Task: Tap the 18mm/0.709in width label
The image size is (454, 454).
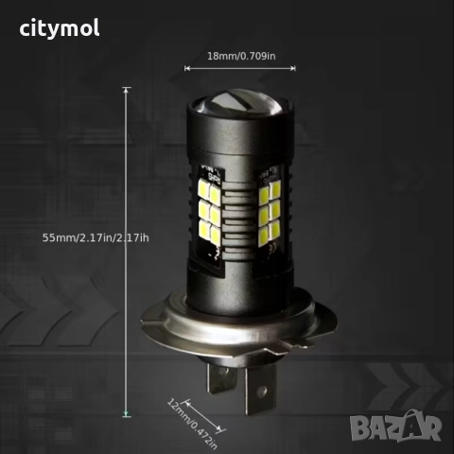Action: coord(241,57)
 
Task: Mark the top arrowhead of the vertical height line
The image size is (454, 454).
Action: coord(126,89)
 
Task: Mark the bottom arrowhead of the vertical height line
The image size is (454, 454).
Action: coord(126,413)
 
